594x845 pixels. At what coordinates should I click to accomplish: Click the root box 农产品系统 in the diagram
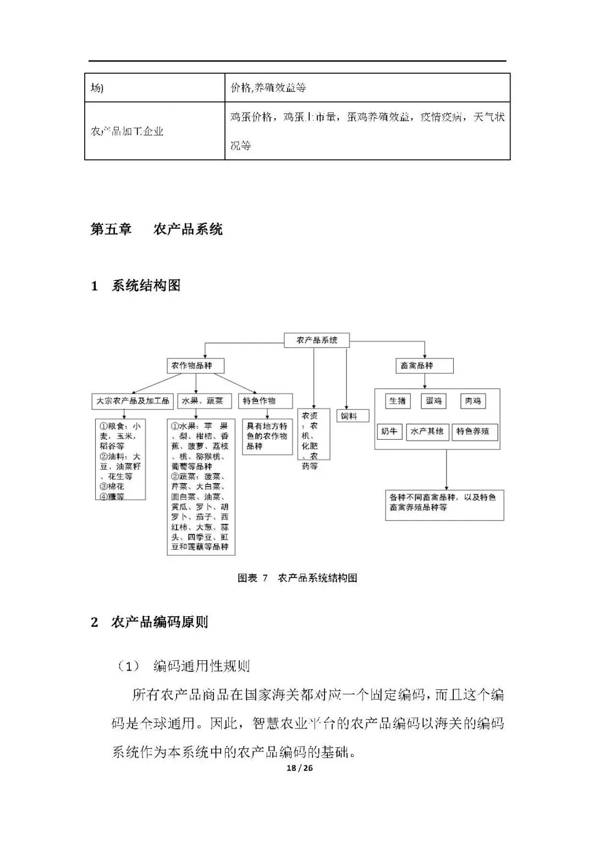317,340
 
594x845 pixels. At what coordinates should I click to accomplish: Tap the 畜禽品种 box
424,366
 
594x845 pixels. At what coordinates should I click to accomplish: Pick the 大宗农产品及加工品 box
133,401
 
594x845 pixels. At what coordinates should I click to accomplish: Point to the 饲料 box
353,416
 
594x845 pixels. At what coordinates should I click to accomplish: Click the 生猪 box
397,401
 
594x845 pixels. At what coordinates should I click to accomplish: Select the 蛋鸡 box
435,401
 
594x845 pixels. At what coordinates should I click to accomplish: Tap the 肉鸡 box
473,401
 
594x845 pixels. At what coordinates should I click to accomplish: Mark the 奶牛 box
389,432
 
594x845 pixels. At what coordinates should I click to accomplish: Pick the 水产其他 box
427,432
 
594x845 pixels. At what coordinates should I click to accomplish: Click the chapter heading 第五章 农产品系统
157,229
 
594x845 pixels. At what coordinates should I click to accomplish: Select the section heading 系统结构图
146,286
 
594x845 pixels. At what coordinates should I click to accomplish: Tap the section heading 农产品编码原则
159,622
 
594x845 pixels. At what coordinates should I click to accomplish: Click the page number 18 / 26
300,768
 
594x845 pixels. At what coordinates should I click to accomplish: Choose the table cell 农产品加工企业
127,131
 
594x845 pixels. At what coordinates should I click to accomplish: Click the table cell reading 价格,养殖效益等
268,87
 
